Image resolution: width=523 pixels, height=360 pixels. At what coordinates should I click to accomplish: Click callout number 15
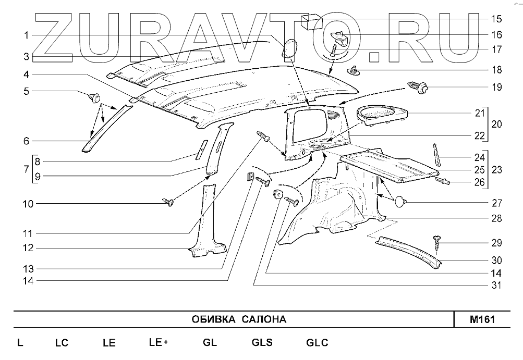(x=496, y=19)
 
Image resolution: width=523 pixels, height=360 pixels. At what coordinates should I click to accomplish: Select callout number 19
(x=496, y=88)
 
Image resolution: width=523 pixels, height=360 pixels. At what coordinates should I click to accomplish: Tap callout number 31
(x=496, y=285)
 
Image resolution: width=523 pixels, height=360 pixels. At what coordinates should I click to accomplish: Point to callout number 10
(x=26, y=204)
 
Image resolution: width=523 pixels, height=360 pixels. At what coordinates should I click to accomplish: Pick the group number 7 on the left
(x=26, y=169)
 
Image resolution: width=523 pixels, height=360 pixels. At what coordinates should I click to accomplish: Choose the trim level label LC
(x=62, y=343)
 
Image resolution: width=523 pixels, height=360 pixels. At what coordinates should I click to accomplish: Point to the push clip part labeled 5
(x=94, y=96)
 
